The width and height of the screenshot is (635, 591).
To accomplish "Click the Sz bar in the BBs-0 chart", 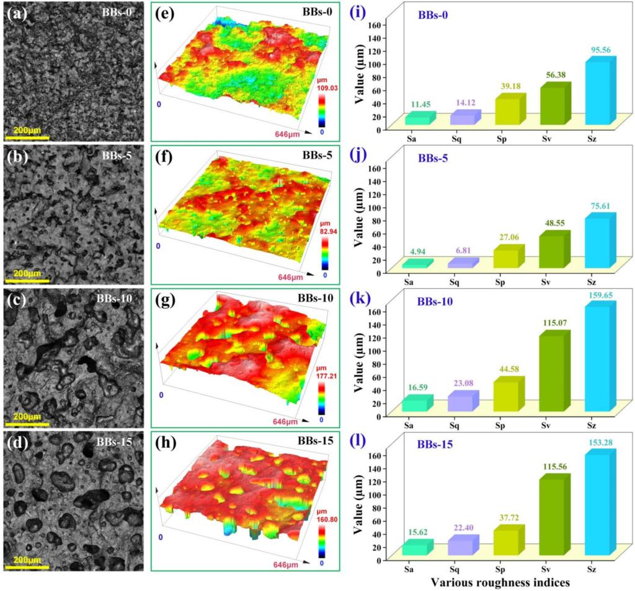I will tap(600, 92).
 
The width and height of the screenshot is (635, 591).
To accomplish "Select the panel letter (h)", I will tap(168, 445).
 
